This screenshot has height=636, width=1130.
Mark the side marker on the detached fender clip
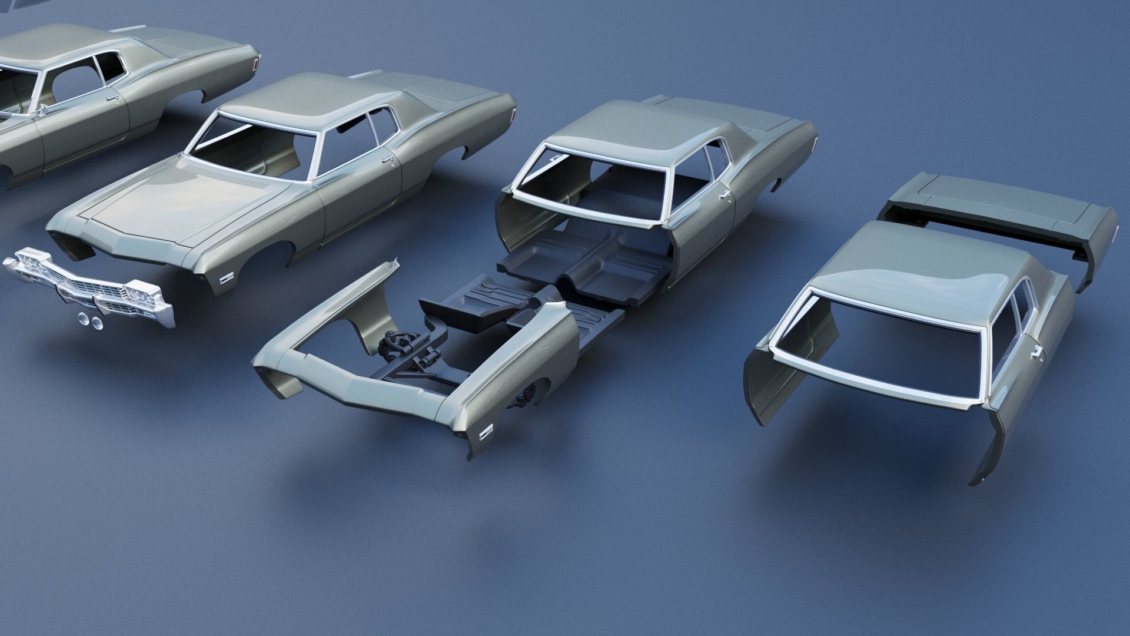point(486,433)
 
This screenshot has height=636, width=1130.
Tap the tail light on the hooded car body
point(513,115)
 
